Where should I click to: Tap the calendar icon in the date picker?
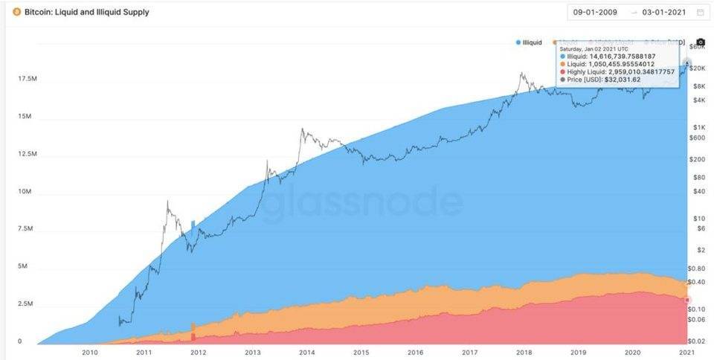click(700, 12)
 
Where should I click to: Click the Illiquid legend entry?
click(530, 42)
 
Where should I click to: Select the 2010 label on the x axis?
click(90, 352)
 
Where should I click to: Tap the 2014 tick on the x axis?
click(306, 352)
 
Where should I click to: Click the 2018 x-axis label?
click(524, 352)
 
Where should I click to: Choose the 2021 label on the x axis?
click(686, 352)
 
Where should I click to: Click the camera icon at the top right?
click(700, 42)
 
